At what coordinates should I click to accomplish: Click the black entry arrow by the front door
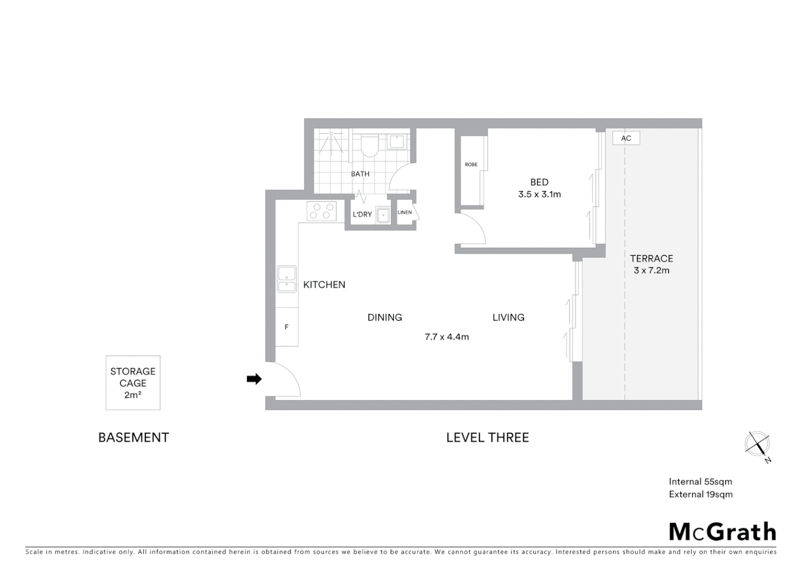tap(254, 379)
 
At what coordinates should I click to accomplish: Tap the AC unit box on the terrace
tap(626, 138)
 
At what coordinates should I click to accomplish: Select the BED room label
tap(539, 182)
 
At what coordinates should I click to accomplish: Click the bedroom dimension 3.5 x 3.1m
tap(539, 194)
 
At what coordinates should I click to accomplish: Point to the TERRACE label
tap(651, 258)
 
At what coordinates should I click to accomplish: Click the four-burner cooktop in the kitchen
tap(322, 211)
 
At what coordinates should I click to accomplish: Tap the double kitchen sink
tap(287, 279)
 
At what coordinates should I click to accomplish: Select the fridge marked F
tap(287, 327)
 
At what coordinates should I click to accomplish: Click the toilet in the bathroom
tap(370, 145)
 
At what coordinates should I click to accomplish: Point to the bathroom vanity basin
tap(396, 142)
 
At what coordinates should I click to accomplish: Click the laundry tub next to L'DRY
tap(383, 215)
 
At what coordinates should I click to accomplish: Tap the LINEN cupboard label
tap(405, 213)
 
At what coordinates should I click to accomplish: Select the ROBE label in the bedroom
tap(471, 165)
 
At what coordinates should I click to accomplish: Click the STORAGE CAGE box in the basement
tap(133, 383)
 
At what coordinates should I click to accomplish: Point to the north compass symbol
tap(757, 445)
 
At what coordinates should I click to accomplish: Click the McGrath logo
tap(723, 532)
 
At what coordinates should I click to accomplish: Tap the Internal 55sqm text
tap(700, 481)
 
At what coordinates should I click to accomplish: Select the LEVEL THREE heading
tap(487, 437)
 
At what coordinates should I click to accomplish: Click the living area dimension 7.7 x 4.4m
tap(447, 337)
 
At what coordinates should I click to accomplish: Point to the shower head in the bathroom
tap(332, 135)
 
